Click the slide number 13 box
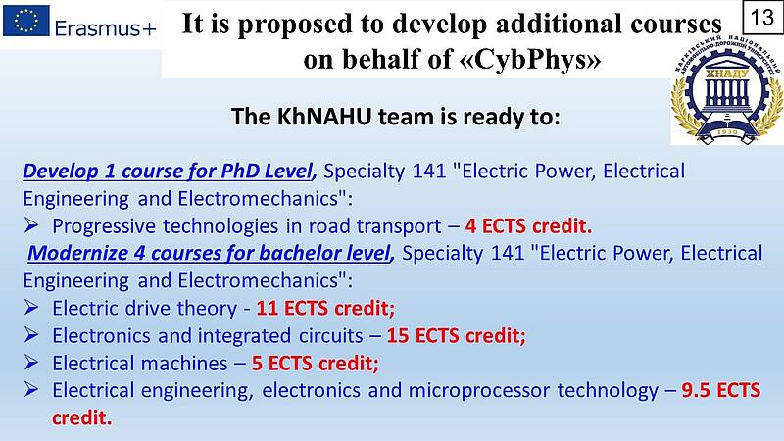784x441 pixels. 762,18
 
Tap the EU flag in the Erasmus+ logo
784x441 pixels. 26,21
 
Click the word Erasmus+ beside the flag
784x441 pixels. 106,28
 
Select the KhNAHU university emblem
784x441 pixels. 727,90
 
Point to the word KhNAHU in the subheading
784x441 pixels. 324,117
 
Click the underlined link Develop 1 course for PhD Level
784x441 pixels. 169,171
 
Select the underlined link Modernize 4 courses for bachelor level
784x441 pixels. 210,253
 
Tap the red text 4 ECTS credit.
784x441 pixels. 528,226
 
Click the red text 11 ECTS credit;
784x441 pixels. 325,308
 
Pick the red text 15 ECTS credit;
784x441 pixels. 456,335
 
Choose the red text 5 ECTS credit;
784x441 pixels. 315,363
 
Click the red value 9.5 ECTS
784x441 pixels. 721,390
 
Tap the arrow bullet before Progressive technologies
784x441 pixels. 31,225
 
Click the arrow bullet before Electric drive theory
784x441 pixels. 31,308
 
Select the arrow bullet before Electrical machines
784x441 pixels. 31,363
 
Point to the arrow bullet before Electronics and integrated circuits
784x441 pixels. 31,335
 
